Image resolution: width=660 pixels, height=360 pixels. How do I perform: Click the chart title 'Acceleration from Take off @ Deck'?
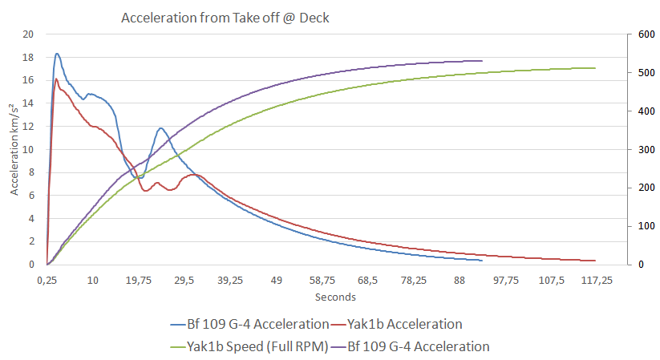(225, 18)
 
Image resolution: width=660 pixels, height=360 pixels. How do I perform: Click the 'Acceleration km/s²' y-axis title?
(15, 150)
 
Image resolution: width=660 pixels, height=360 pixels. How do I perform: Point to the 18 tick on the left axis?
(29, 58)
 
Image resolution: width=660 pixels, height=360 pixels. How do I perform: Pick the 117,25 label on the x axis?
(596, 281)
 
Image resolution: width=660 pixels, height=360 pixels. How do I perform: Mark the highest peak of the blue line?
(57, 54)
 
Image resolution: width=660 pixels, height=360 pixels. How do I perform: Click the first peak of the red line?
(55, 79)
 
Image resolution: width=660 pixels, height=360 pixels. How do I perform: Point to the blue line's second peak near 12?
(160, 128)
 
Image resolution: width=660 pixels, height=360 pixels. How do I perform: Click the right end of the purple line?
(482, 60)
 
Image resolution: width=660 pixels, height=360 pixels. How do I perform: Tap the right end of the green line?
(595, 68)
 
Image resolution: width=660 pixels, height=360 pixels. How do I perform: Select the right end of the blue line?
(482, 261)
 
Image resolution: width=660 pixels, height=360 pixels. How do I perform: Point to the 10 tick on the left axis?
(29, 150)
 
